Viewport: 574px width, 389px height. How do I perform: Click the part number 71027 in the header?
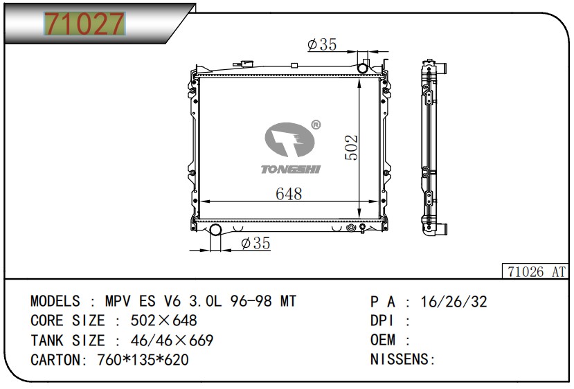click(84, 24)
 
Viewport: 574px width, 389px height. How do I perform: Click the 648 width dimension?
click(289, 194)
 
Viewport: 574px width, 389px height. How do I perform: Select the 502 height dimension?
click(351, 147)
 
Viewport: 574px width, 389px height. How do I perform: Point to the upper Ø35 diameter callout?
click(322, 45)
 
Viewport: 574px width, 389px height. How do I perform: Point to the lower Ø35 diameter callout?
click(255, 243)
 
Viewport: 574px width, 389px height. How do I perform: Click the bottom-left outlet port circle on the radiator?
click(215, 230)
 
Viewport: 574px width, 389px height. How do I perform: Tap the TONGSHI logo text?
click(289, 169)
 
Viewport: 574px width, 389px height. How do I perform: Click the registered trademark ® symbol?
click(316, 125)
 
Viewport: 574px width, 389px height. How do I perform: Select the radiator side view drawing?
click(434, 148)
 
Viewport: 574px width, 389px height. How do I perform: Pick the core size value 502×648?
click(157, 321)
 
